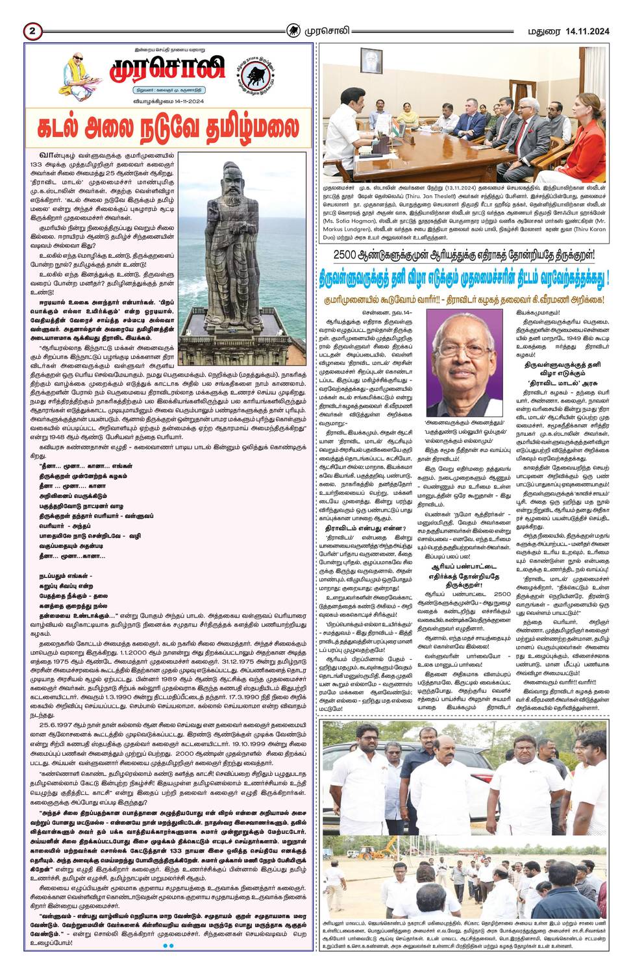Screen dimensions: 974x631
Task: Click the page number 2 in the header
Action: click(32, 31)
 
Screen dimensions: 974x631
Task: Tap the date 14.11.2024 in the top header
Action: click(587, 31)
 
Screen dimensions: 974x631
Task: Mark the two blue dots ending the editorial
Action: click(167, 946)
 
